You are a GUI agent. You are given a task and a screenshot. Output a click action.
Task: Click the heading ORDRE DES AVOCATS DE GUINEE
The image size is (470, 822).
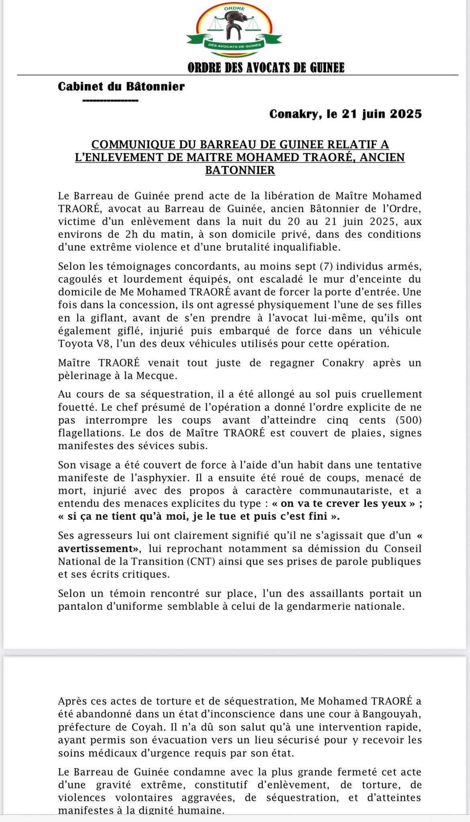[x=266, y=67]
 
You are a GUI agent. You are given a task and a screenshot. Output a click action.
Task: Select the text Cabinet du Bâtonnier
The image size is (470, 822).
[x=121, y=86]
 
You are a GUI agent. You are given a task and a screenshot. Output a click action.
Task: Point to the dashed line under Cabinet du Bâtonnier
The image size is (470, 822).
[x=110, y=100]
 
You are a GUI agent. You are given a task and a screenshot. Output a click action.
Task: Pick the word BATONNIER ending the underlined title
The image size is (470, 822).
[x=240, y=170]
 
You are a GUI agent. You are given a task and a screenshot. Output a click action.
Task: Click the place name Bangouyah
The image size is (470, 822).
[x=395, y=714]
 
